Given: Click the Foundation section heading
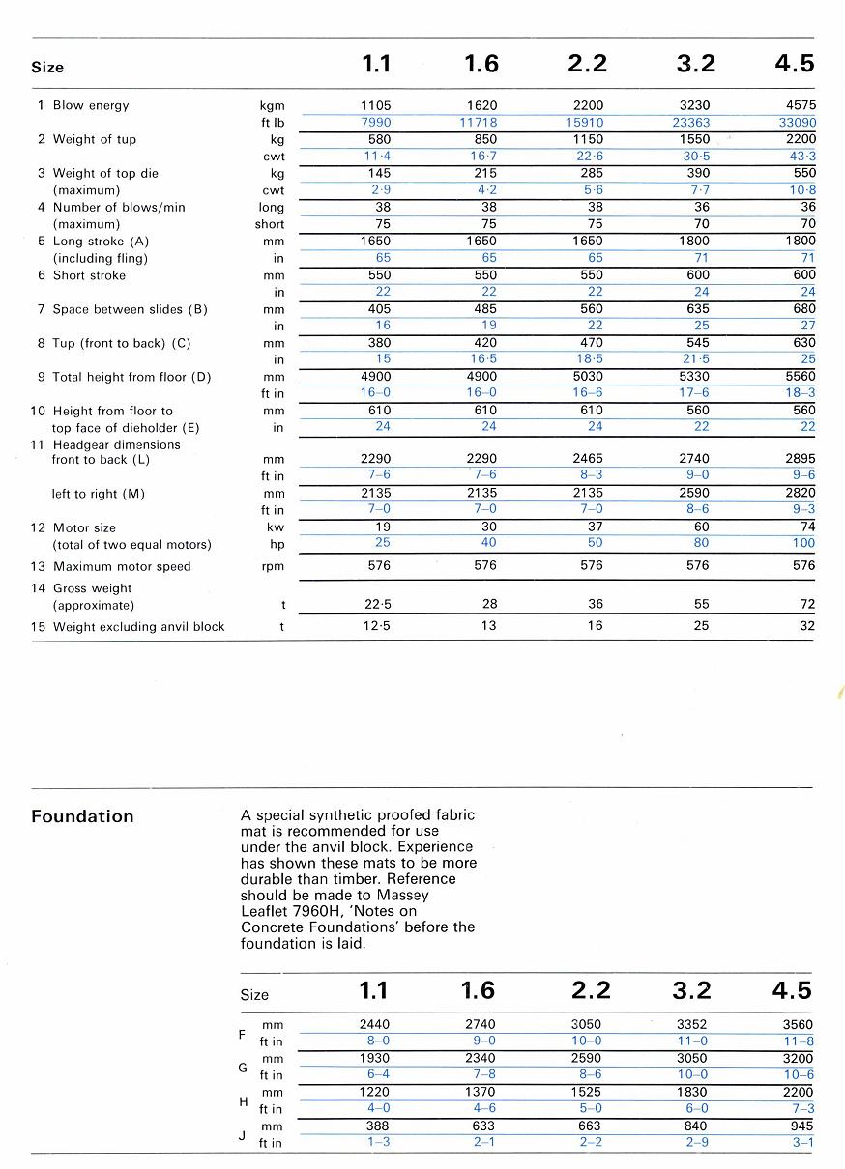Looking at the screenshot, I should pos(82,816).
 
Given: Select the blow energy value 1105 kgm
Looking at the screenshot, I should pos(375,105).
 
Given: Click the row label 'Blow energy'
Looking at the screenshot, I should pos(91,105).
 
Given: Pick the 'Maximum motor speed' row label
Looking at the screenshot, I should pos(122,567).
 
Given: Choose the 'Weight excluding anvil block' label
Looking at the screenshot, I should pos(138,627).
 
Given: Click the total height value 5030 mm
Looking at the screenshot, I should pos(587,377).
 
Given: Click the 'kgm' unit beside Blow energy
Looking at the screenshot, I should pos(272,105).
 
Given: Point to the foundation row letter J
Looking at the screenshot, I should pos(242,1135).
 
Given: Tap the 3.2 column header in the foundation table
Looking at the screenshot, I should pos(691,990).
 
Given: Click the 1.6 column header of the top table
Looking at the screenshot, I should pos(481,64).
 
